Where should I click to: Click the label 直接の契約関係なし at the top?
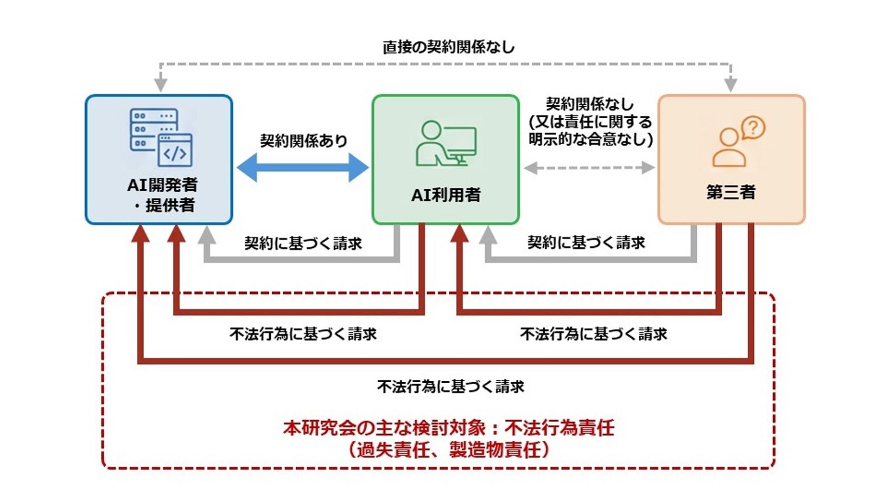click(x=448, y=47)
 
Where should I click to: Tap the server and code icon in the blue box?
click(x=161, y=137)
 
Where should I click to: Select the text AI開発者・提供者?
click(x=162, y=194)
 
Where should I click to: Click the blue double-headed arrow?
click(x=302, y=167)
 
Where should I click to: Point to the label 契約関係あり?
click(x=303, y=141)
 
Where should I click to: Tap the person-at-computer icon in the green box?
click(x=445, y=143)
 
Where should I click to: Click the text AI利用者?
click(x=445, y=195)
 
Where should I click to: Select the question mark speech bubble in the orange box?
click(x=753, y=128)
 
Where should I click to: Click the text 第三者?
click(x=731, y=192)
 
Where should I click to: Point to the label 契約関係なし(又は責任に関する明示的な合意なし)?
click(x=590, y=122)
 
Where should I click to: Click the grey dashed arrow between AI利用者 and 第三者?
click(x=589, y=167)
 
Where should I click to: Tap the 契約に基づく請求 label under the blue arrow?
click(x=303, y=243)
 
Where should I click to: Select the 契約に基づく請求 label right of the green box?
click(x=586, y=242)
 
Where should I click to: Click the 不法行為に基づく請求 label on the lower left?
click(x=303, y=334)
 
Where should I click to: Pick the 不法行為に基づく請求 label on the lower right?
click(x=593, y=334)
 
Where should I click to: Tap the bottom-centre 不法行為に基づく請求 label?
click(x=450, y=386)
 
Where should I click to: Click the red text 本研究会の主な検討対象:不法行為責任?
click(x=448, y=428)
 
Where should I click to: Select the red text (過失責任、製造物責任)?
click(x=448, y=450)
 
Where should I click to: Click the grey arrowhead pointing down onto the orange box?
click(x=731, y=84)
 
